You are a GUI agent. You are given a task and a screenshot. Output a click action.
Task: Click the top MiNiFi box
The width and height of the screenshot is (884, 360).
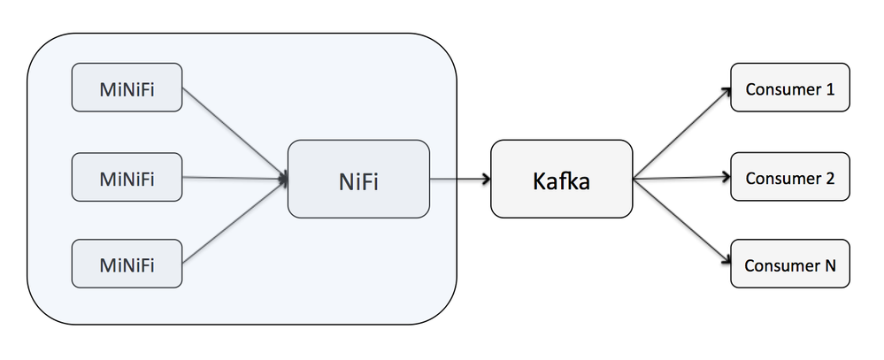point(127,88)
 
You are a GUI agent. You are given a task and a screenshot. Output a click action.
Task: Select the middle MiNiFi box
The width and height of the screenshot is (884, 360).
point(127,177)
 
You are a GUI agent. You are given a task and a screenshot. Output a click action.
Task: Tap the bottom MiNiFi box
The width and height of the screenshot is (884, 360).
point(127,264)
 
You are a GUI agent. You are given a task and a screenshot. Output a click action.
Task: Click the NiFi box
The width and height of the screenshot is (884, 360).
point(358,179)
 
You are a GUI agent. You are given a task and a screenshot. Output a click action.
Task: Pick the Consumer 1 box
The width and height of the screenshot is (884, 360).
point(789,88)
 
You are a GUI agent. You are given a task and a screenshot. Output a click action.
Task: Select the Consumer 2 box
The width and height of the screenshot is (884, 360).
point(789,178)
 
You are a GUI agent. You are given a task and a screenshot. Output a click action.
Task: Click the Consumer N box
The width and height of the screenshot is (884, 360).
point(789,264)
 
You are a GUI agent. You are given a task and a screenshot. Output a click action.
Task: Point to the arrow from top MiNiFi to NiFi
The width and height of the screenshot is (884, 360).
point(234,133)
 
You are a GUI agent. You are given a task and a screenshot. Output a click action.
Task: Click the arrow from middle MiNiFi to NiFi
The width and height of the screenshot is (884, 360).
point(234,178)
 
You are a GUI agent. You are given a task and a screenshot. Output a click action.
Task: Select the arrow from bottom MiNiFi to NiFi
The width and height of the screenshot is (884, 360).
point(234,221)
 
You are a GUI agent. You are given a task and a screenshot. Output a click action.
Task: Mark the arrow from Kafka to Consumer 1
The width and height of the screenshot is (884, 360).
point(681,134)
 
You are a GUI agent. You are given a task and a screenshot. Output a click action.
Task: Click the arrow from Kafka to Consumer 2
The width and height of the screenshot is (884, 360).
point(681,178)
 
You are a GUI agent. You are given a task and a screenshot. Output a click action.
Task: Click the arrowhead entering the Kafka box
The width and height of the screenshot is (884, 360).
point(486,179)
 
